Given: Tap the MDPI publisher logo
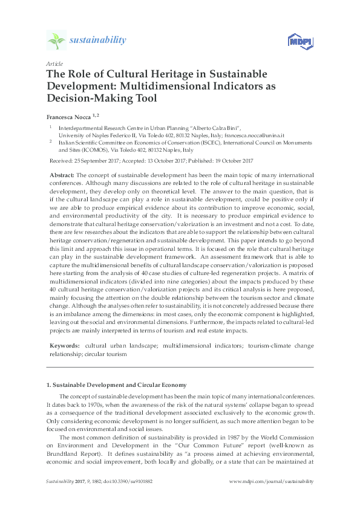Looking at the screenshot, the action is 297,41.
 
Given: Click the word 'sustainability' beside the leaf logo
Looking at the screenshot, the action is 98,41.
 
